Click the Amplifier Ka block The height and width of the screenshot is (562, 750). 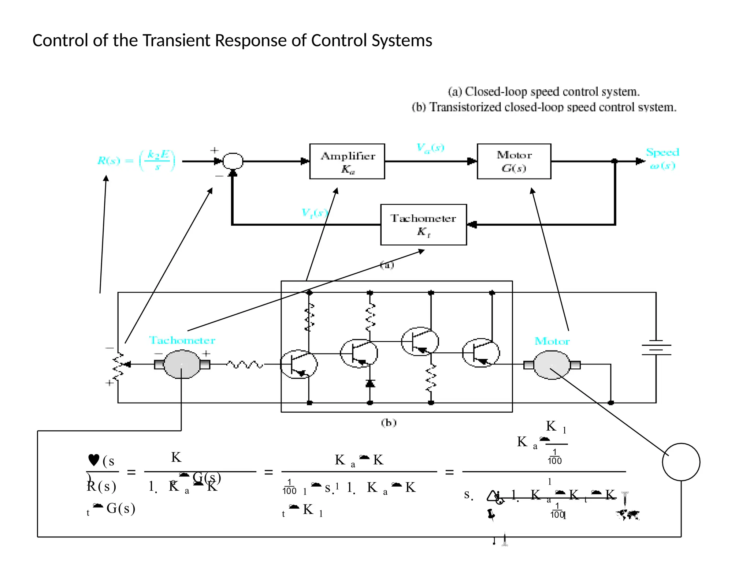[x=347, y=161]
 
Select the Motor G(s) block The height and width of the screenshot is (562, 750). [x=514, y=161]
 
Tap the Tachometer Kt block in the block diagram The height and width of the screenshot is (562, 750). [x=423, y=225]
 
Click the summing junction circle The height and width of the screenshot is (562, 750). [x=233, y=161]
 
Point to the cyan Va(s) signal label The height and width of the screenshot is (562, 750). [x=430, y=148]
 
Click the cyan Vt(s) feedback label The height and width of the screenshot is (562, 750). [x=314, y=213]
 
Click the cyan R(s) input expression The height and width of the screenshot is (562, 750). [x=136, y=160]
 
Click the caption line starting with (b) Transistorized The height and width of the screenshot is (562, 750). [x=544, y=107]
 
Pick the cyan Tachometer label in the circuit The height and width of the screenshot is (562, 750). [x=182, y=340]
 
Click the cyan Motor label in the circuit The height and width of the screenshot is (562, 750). [x=552, y=341]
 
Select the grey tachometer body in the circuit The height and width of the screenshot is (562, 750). [x=182, y=364]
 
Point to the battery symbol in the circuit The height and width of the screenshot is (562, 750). [x=656, y=348]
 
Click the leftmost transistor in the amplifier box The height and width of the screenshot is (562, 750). [x=299, y=364]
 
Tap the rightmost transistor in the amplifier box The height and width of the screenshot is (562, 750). [x=480, y=353]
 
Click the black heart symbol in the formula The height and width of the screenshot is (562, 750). [x=94, y=460]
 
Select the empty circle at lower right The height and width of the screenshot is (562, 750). [x=681, y=462]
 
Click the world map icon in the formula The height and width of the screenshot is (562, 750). [x=628, y=515]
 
